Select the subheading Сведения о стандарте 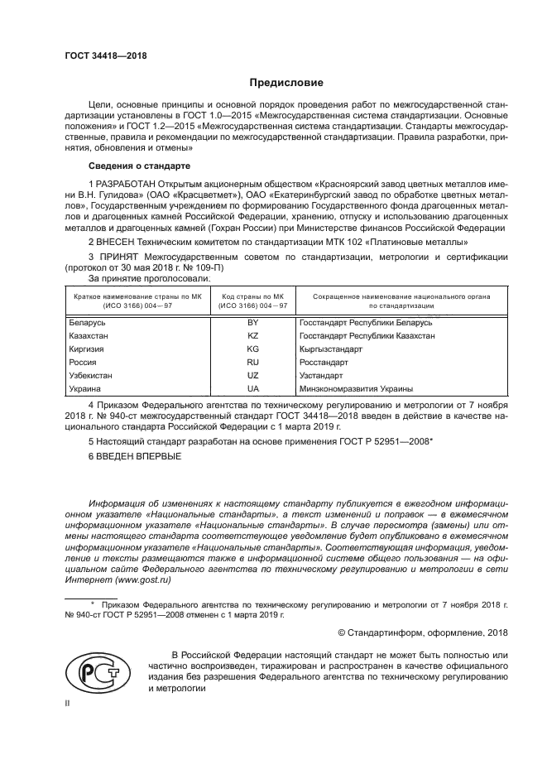(x=136, y=166)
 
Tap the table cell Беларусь (x=87, y=321)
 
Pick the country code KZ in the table (x=253, y=335)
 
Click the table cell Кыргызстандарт (x=331, y=349)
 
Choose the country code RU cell (x=253, y=362)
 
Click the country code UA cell (x=253, y=388)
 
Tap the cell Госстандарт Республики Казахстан (x=367, y=335)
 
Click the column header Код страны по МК (x=253, y=296)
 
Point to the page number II (x=69, y=703)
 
